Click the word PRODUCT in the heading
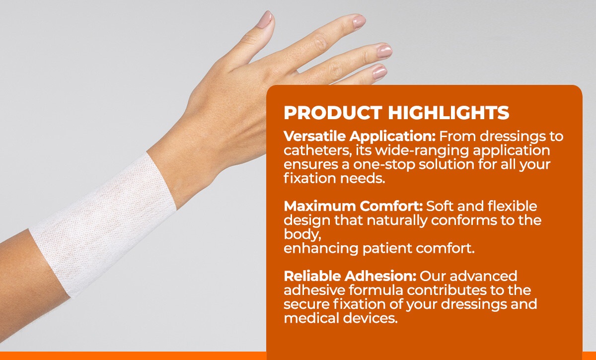tap(333, 113)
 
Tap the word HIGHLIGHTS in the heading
tap(448, 113)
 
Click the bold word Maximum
tap(320, 207)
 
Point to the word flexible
tap(512, 207)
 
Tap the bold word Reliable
tap(311, 276)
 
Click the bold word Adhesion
tap(380, 276)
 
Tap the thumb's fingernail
tap(265, 19)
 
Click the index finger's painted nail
tap(359, 22)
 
